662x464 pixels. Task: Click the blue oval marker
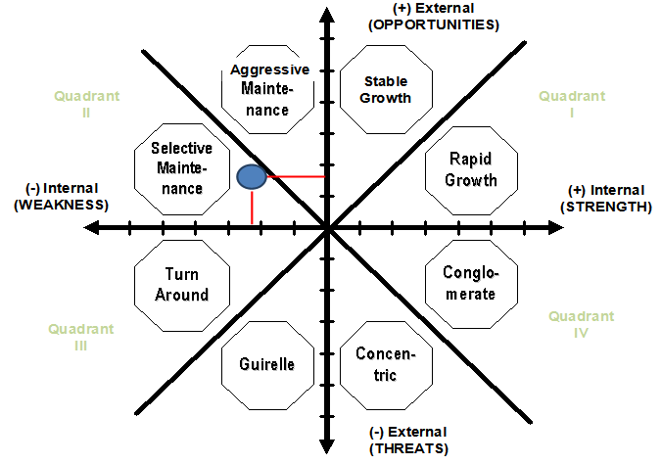[252, 176]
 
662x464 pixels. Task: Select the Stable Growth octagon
[385, 89]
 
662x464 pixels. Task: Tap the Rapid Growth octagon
[470, 169]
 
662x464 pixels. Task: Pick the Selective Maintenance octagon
[181, 167]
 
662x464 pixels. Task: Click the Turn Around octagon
[181, 285]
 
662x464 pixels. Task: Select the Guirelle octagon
[266, 364]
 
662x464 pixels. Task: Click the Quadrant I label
[572, 105]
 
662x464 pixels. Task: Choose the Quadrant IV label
[582, 325]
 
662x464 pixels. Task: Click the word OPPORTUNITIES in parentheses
[434, 24]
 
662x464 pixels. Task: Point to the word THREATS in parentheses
[408, 448]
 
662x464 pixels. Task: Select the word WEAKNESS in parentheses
[60, 205]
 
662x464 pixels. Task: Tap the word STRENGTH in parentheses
[605, 207]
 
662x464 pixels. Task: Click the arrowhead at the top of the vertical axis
[325, 12]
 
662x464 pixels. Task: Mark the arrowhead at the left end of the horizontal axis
[92, 228]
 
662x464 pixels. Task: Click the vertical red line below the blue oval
[253, 206]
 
